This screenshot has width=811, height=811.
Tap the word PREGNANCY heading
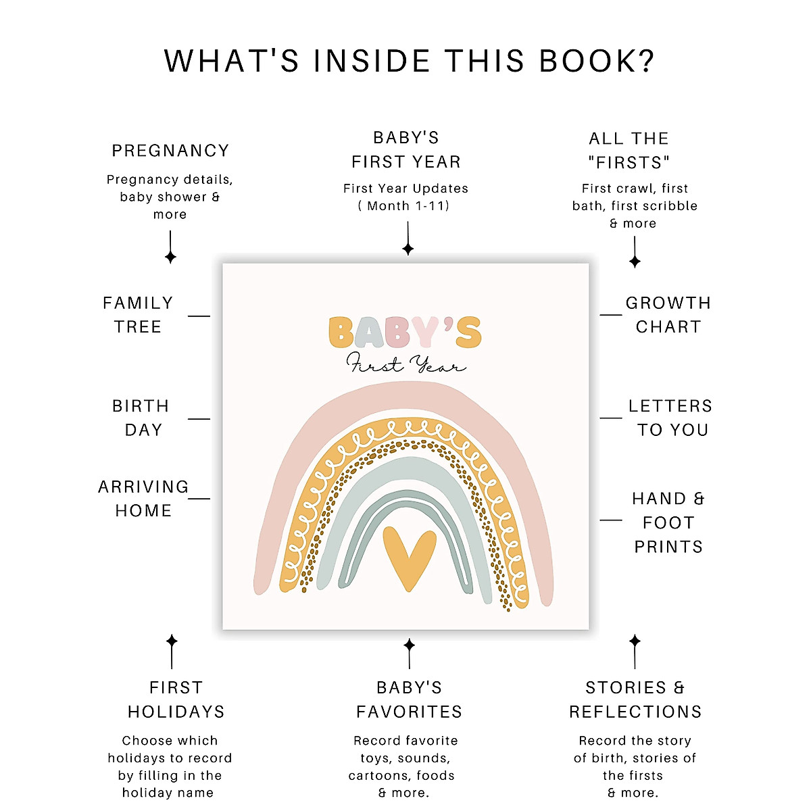pos(170,151)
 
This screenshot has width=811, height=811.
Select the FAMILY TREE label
pos(138,315)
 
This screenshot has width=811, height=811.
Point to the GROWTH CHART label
pos(668,315)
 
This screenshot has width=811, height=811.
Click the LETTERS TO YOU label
pos(670,418)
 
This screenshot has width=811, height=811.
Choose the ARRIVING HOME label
pos(143,499)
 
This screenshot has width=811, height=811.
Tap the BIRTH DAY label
pos(141,418)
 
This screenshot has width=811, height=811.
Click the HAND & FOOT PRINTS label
pos(668,522)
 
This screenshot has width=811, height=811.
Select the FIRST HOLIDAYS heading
pos(176,699)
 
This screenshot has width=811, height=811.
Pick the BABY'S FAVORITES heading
pos(409,699)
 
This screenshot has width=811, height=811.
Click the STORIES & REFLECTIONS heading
pos(635,699)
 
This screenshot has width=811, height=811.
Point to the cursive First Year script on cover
pos(406,364)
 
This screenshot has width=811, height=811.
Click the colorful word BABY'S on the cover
pos(405,333)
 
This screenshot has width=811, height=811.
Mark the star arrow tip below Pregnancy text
pos(170,257)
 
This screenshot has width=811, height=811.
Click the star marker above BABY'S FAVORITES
pos(409,644)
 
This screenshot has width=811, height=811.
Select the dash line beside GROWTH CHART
pos(611,315)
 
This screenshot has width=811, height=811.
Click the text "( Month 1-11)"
pos(405,205)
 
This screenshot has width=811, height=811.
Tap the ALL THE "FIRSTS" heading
pos(629,151)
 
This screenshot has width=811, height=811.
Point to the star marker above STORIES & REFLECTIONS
pos(635,640)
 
